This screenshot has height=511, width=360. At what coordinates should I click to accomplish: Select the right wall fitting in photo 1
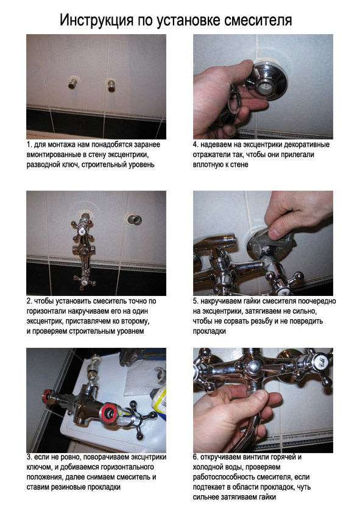coord(111,83)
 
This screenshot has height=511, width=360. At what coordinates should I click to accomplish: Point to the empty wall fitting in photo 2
coord(132,217)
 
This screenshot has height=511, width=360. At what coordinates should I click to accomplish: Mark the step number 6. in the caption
coord(196,457)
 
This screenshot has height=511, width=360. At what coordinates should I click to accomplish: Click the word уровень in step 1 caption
coord(149,165)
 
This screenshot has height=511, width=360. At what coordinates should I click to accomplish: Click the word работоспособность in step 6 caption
coord(233,477)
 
